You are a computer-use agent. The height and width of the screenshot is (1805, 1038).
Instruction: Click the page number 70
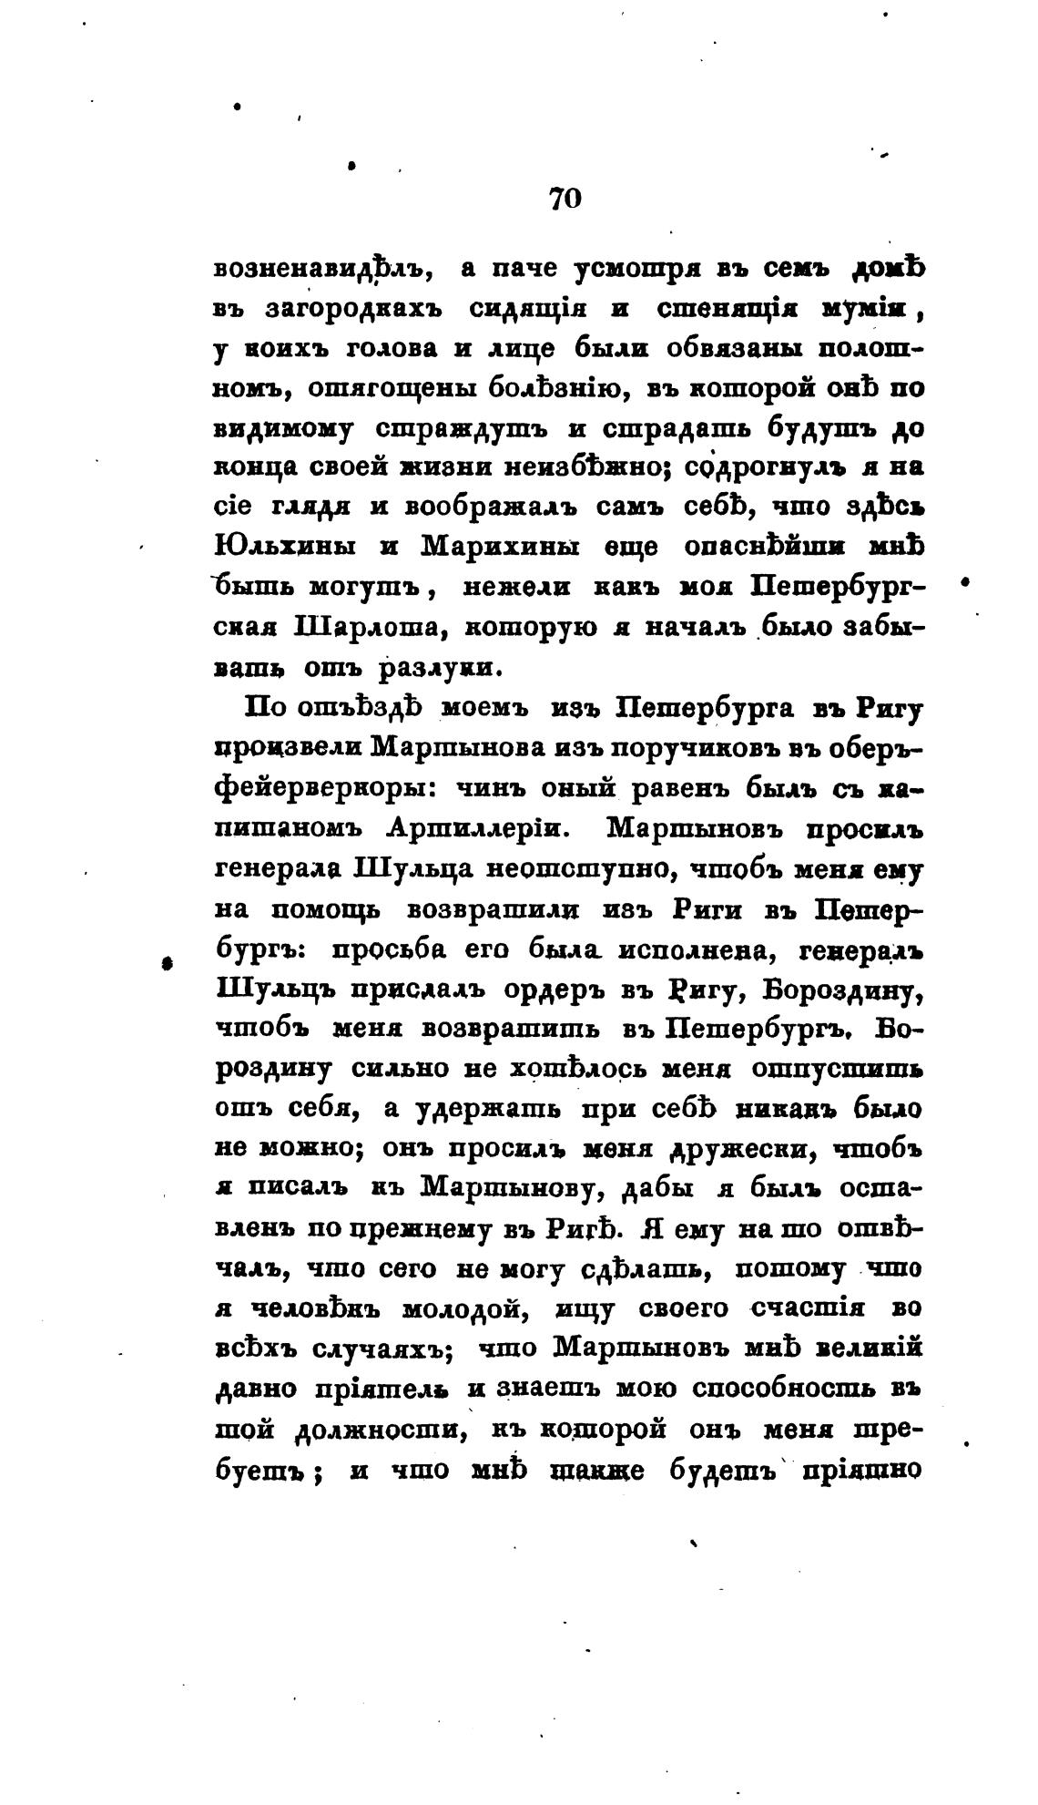tap(565, 199)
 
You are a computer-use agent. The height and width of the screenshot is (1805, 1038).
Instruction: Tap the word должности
tap(380, 1431)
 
